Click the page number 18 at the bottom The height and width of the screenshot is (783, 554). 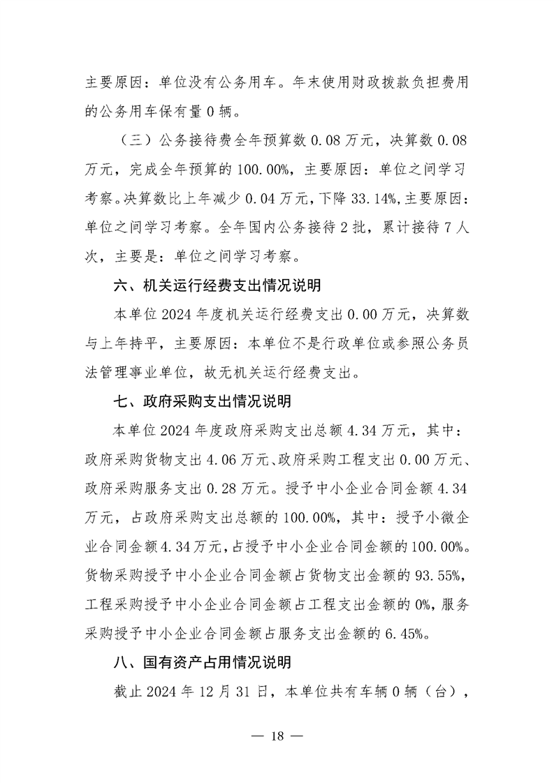click(277, 738)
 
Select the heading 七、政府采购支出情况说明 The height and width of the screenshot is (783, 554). click(202, 402)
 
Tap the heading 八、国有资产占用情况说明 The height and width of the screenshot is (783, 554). click(202, 662)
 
